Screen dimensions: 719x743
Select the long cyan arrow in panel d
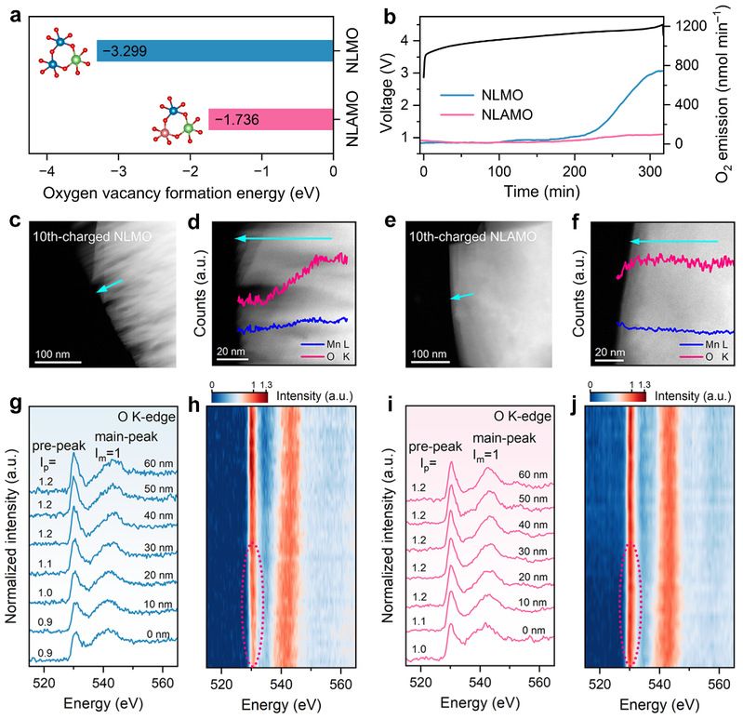tap(284, 239)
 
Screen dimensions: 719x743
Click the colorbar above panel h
tap(240, 396)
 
